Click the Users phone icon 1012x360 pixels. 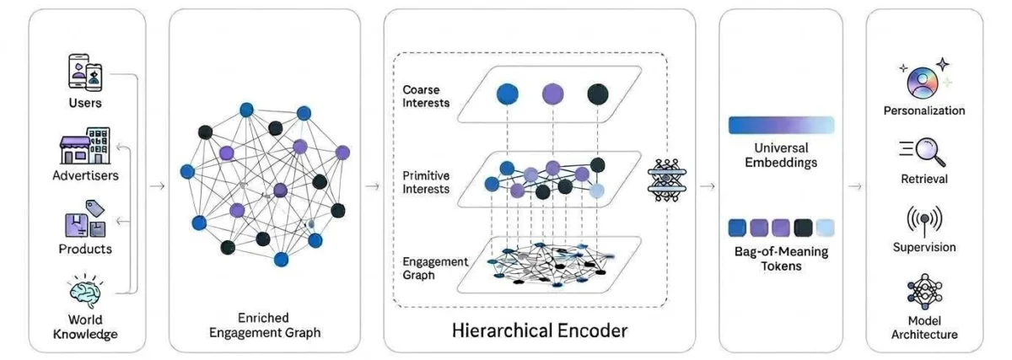85,73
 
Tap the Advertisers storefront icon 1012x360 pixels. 85,146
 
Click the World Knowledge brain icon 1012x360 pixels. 85,291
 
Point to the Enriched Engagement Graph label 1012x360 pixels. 264,325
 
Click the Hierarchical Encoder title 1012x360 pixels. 540,330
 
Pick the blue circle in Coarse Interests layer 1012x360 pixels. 508,94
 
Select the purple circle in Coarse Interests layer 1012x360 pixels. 552,94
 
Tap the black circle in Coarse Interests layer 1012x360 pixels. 598,94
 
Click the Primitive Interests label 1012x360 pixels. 426,182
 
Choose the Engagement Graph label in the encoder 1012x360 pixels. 435,268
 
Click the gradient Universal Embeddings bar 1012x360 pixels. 781,125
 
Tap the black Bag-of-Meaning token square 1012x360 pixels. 803,228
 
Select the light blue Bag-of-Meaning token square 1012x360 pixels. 826,228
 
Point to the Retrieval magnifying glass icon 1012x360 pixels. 923,151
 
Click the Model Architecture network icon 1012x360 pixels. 924,292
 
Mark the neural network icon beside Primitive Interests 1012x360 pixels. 667,180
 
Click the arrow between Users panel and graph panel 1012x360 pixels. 157,186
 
